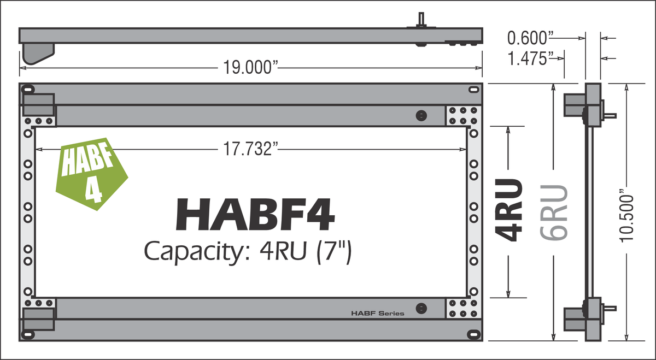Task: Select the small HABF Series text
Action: pos(377,314)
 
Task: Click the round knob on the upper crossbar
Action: pos(420,115)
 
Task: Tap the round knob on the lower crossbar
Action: pos(420,308)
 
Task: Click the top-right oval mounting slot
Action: pos(472,89)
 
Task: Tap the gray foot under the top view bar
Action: pos(38,53)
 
